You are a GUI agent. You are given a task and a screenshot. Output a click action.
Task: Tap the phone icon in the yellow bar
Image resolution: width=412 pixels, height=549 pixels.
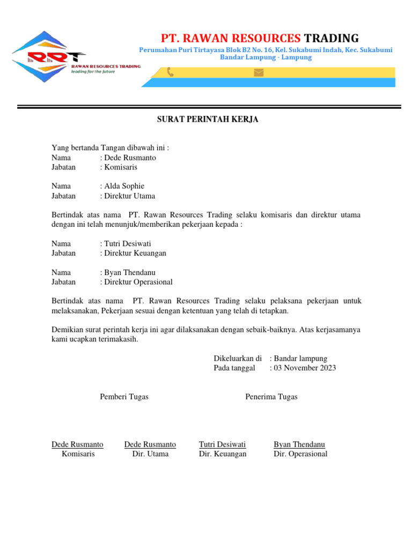click(x=170, y=72)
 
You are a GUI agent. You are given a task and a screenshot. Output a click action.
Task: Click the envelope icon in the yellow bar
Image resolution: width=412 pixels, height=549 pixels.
click(x=259, y=72)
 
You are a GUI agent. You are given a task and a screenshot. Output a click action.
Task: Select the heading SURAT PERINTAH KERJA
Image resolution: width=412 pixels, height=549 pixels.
click(x=208, y=120)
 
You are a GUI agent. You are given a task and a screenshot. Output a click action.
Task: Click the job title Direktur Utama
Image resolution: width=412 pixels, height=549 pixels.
click(x=130, y=196)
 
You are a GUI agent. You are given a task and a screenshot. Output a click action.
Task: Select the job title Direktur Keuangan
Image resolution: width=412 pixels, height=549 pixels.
click(x=135, y=253)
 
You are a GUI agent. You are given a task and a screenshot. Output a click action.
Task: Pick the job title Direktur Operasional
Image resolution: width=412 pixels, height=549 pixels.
click(x=138, y=282)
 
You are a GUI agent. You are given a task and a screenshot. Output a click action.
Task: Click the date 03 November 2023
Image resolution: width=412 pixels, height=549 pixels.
click(x=305, y=368)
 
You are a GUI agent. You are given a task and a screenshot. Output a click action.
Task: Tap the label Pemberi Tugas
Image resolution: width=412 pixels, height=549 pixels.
click(x=124, y=397)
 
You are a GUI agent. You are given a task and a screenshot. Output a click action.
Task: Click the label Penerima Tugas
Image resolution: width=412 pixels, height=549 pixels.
click(x=271, y=397)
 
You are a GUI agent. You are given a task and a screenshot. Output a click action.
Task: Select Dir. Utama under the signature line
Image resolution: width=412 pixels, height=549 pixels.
click(x=150, y=454)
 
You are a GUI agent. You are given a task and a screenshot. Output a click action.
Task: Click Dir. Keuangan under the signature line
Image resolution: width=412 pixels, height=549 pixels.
click(x=223, y=454)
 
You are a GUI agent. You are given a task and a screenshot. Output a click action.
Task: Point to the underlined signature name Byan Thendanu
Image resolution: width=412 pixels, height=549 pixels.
click(x=299, y=444)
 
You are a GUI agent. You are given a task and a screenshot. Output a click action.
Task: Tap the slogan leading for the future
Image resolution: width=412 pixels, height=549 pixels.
click(x=93, y=71)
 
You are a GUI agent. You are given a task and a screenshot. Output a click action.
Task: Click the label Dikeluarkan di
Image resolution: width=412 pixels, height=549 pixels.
click(x=238, y=358)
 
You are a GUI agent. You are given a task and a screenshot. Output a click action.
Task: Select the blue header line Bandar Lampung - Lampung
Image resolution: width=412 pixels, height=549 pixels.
click(x=266, y=57)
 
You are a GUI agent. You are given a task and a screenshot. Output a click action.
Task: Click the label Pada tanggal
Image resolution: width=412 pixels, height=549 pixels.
click(x=234, y=368)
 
